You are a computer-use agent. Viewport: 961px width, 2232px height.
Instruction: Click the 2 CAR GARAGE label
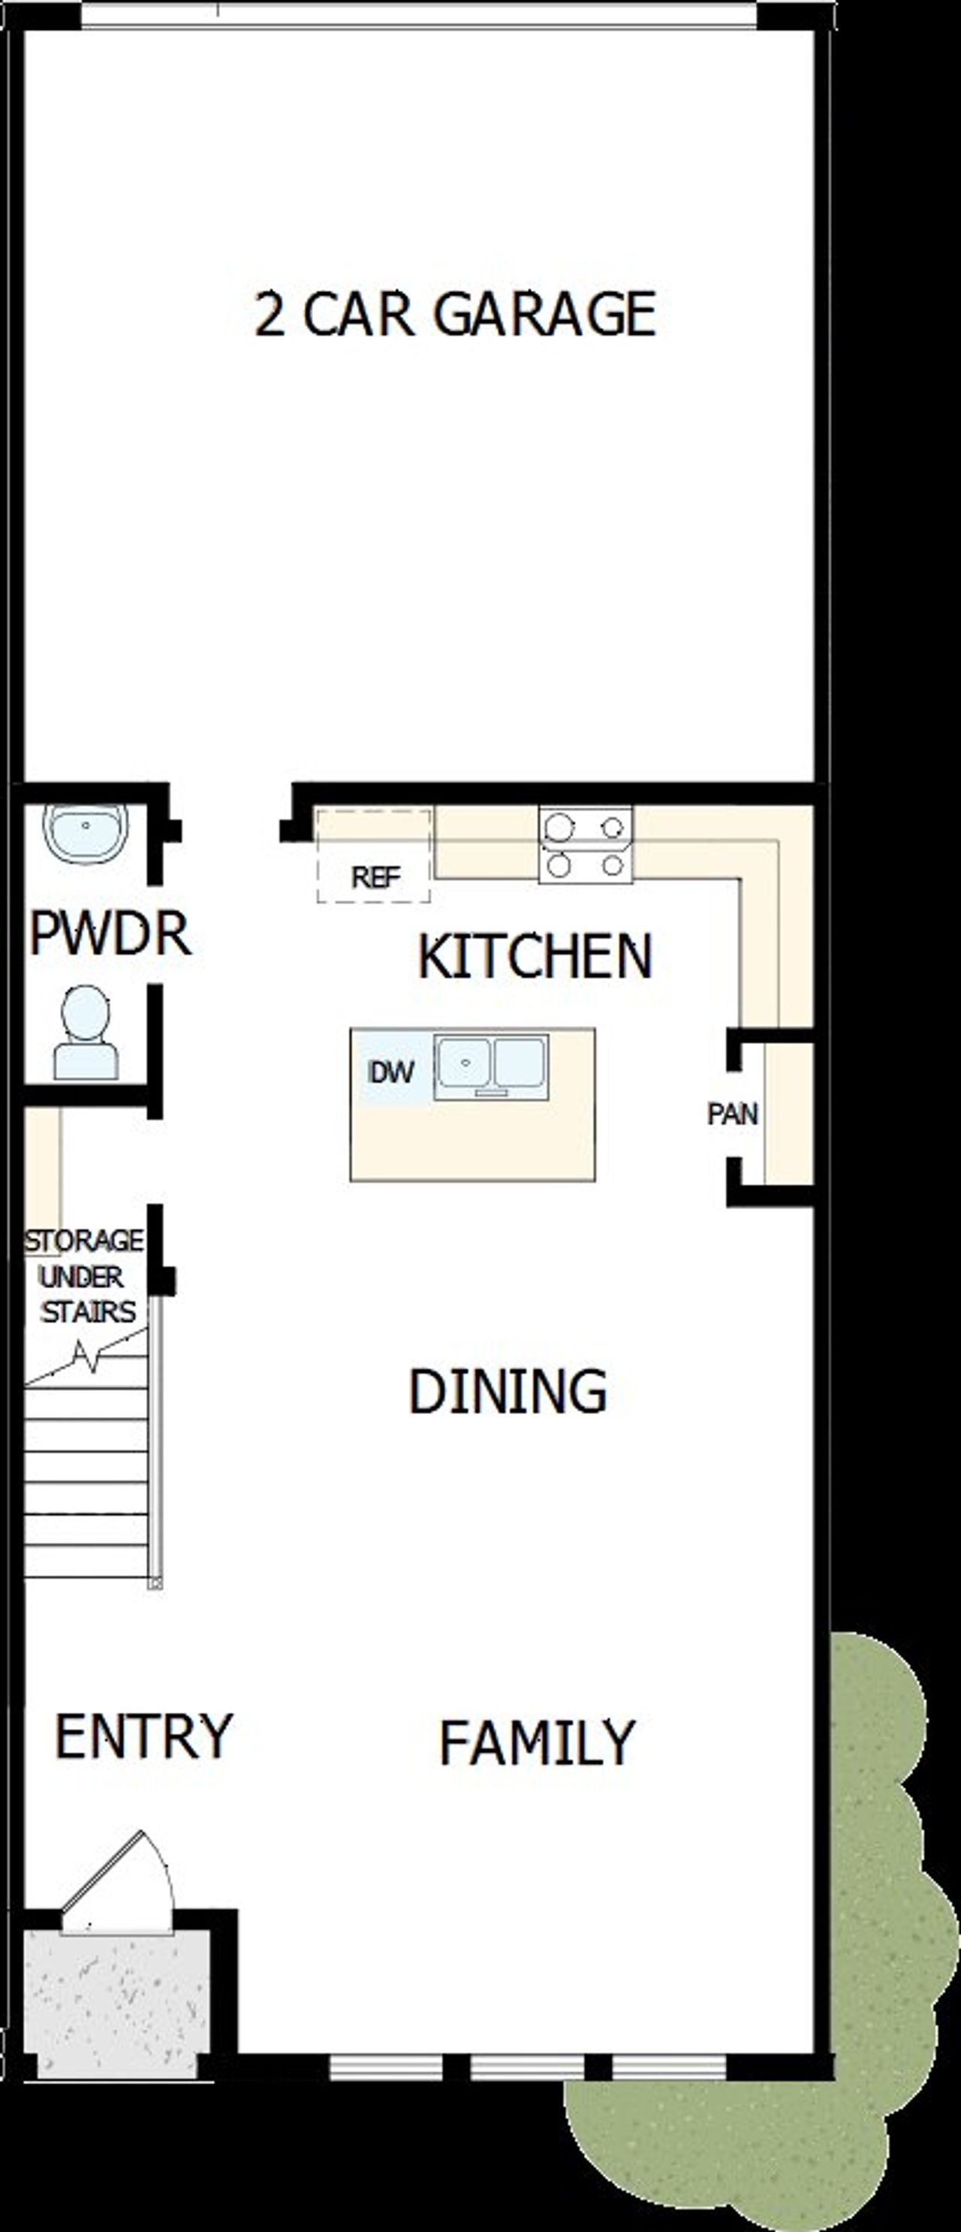(455, 314)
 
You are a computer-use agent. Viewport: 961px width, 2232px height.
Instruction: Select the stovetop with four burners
(586, 845)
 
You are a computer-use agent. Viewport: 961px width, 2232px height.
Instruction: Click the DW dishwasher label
(392, 1072)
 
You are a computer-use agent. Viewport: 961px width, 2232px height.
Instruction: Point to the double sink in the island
(491, 1066)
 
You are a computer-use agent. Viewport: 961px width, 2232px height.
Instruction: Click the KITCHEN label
(535, 957)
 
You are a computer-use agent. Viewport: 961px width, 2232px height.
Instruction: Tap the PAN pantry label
(732, 1114)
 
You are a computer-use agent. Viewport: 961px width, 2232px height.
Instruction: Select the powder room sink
(85, 833)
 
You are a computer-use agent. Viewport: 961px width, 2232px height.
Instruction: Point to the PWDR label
(110, 934)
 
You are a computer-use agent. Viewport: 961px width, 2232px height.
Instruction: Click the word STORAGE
(84, 1241)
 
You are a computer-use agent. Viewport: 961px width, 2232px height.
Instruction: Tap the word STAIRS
(89, 1312)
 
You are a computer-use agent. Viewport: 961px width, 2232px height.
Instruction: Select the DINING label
(508, 1392)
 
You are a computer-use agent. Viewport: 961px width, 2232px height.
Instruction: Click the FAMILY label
(538, 1743)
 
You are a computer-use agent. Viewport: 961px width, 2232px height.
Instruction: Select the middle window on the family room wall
(529, 2068)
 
